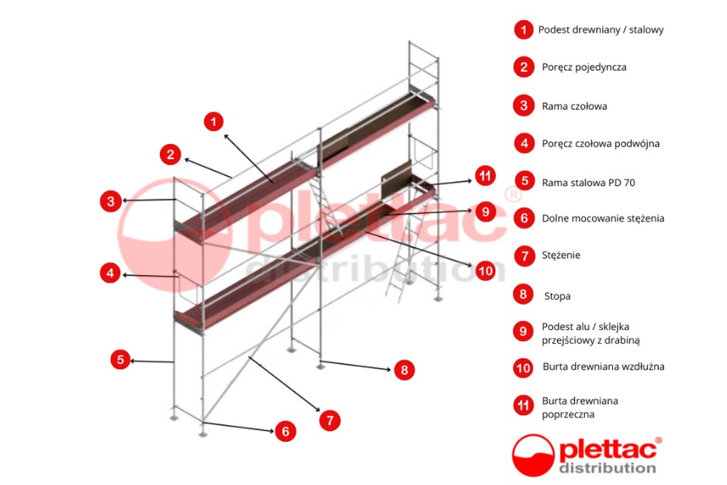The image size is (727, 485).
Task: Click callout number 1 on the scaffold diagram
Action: coord(214,121)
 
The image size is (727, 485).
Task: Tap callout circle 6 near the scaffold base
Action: coord(286,432)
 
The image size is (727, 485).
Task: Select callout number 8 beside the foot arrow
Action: coord(403,370)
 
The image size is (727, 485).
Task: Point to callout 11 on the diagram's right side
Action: coord(485,177)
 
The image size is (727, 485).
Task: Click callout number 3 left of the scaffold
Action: coord(111,201)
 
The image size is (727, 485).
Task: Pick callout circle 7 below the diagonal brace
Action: coord(330,420)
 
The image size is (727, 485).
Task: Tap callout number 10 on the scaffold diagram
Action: coord(485,270)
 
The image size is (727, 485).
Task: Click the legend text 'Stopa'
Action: coord(557,296)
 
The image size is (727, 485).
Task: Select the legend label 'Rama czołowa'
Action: coord(574,106)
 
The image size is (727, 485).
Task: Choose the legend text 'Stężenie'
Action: coord(561,255)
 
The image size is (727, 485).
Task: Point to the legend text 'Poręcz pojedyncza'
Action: coord(583,67)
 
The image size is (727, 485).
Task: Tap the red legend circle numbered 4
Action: coord(524,143)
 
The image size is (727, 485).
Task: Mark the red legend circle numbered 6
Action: coord(524,218)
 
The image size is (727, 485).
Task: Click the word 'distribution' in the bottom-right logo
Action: coord(608,467)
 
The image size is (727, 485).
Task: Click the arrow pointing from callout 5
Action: coord(151,360)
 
